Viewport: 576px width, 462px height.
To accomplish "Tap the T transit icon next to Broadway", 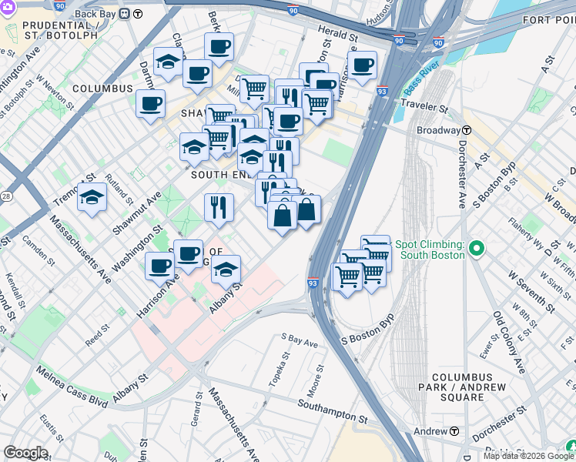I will pos(467,130).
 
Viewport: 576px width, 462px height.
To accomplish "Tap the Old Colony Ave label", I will pos(508,332).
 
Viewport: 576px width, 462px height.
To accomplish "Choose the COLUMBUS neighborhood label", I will pos(102,89).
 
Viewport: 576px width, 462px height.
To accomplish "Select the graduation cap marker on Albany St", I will pos(225,270).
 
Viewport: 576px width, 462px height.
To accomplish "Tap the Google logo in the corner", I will pos(25,453).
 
